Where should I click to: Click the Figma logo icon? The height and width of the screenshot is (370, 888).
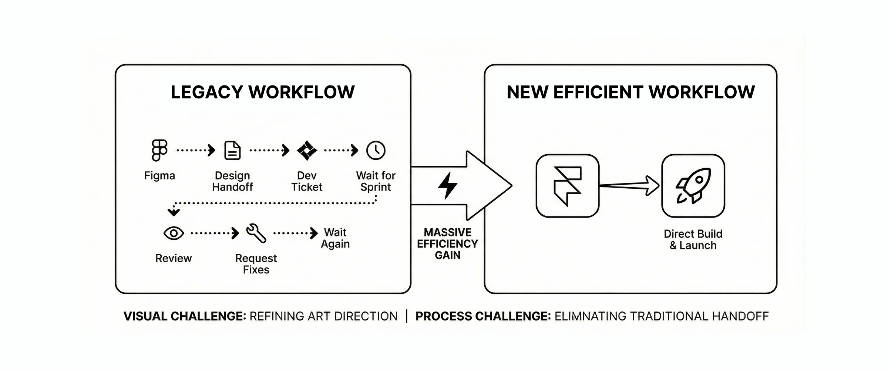(x=159, y=150)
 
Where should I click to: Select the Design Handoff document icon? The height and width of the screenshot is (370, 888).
(x=232, y=151)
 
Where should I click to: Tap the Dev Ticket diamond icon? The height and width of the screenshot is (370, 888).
(x=307, y=151)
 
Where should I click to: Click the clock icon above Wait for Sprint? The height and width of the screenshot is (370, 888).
(x=376, y=150)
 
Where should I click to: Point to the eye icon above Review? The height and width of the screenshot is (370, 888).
(x=174, y=233)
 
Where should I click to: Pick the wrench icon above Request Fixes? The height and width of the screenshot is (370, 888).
(x=256, y=233)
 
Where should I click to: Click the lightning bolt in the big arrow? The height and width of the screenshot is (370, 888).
(x=448, y=185)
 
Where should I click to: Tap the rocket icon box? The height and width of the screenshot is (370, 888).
(x=693, y=186)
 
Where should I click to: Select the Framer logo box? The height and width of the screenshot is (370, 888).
(x=567, y=186)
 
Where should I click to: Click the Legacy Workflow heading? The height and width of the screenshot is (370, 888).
(x=263, y=92)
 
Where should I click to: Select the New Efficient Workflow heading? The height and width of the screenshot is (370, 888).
(x=630, y=92)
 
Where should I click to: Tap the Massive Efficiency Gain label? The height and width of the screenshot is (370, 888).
(x=447, y=243)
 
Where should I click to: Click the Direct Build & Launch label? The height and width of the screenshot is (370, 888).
(x=693, y=239)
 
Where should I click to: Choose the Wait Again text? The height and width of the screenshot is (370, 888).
(x=335, y=238)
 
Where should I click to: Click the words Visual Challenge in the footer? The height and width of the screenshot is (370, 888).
(x=185, y=316)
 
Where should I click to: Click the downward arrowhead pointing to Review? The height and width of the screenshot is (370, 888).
(x=174, y=212)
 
